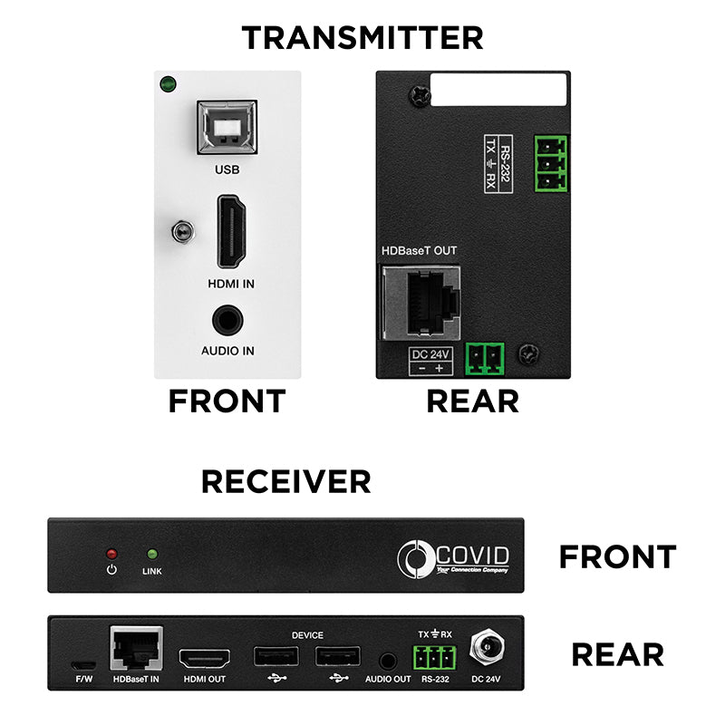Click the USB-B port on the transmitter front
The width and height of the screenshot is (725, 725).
(x=226, y=127)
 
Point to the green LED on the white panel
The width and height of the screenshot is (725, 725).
(x=167, y=87)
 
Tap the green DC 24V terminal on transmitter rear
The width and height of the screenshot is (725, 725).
(x=486, y=359)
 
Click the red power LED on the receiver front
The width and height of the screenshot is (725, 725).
(x=112, y=553)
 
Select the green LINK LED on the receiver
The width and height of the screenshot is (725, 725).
(x=151, y=553)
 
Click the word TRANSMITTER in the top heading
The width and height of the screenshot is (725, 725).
(x=362, y=37)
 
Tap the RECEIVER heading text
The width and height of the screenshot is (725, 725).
(x=285, y=481)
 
